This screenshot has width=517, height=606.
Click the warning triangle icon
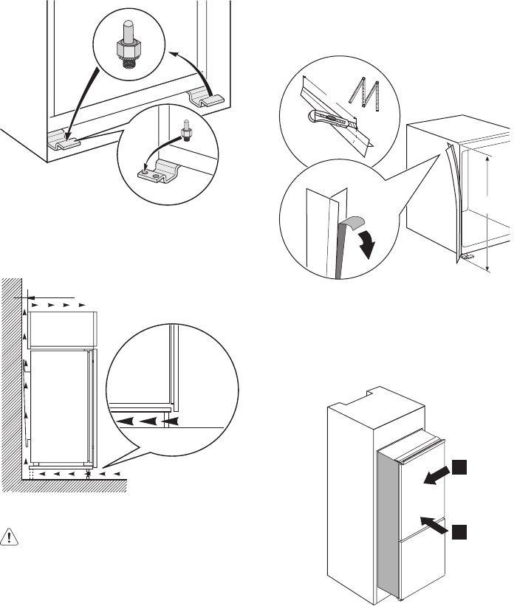click(x=10, y=537)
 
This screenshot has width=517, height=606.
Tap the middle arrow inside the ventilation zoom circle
click(x=150, y=421)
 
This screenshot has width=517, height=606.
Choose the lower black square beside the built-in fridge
click(x=459, y=531)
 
